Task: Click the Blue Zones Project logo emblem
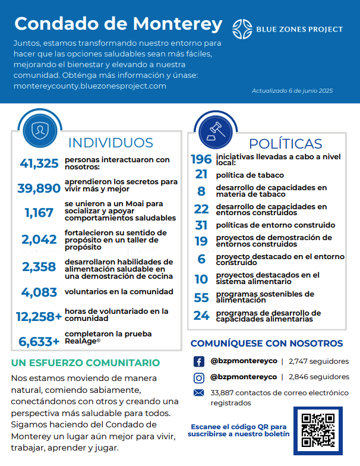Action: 242,28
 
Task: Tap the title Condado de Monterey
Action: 118,24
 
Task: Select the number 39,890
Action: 39,188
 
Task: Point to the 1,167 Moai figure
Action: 39,213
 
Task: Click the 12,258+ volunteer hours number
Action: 39,317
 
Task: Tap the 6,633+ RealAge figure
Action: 39,342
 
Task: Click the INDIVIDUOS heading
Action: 110,143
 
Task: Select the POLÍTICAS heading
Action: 285,144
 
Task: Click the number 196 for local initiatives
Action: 201,159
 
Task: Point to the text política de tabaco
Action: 250,175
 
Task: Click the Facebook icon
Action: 199,361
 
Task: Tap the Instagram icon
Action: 199,377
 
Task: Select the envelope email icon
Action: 199,392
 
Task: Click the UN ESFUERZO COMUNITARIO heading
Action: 86,363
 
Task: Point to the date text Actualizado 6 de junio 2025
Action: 292,91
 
